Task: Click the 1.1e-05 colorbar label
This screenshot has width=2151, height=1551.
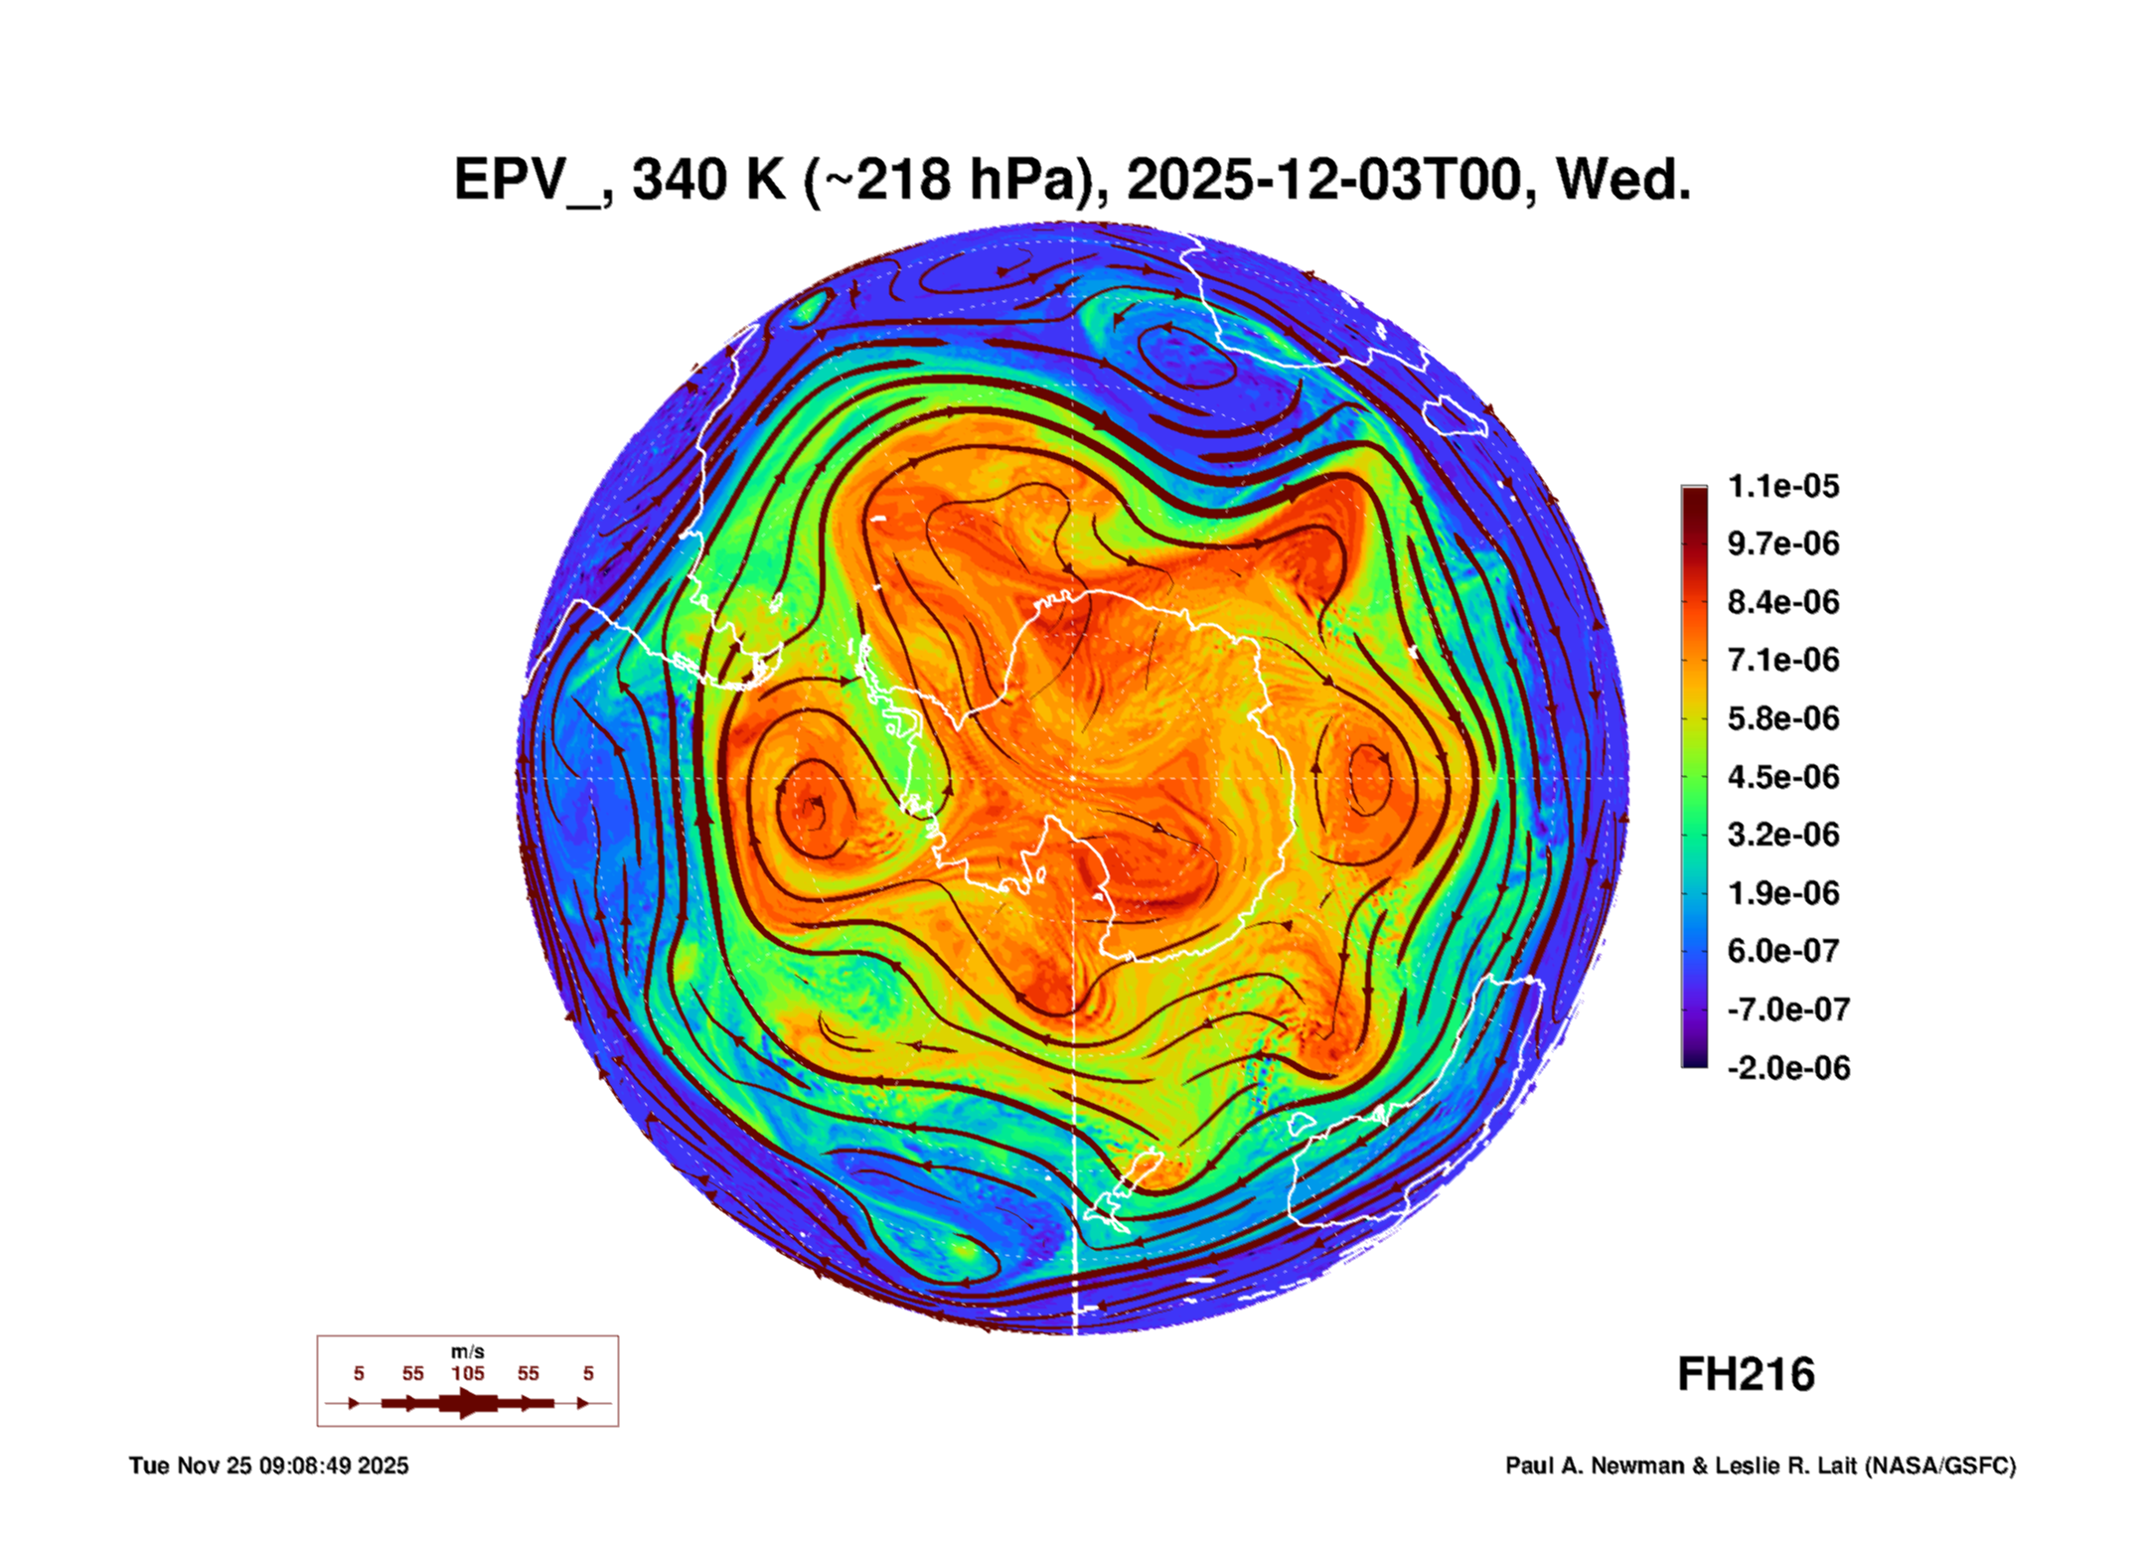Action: point(1783,486)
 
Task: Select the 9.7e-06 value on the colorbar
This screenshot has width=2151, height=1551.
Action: point(1783,543)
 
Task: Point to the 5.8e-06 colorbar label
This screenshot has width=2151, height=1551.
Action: point(1783,718)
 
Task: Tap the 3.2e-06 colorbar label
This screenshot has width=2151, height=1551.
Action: point(1783,835)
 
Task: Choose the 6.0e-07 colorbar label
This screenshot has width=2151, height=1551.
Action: point(1783,951)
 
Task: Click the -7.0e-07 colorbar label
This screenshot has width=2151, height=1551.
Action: point(1788,1009)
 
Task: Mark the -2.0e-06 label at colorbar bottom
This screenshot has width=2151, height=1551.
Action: point(1788,1068)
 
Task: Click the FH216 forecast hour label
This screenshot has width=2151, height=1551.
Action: point(1746,1375)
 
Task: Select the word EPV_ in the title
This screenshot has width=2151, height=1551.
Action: point(527,181)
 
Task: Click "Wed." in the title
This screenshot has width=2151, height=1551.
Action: point(1623,181)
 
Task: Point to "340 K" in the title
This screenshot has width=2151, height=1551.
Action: point(708,181)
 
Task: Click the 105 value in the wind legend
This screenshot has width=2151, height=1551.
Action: point(468,1373)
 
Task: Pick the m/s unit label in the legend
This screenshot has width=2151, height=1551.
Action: point(468,1351)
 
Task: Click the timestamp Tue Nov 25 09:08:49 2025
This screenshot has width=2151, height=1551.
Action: point(268,1466)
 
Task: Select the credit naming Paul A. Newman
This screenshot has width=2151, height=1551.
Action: point(1760,1466)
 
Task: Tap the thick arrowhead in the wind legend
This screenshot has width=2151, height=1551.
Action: point(468,1403)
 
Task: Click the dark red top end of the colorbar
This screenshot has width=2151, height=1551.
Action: point(1694,495)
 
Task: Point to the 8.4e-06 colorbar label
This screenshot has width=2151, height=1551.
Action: point(1783,602)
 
